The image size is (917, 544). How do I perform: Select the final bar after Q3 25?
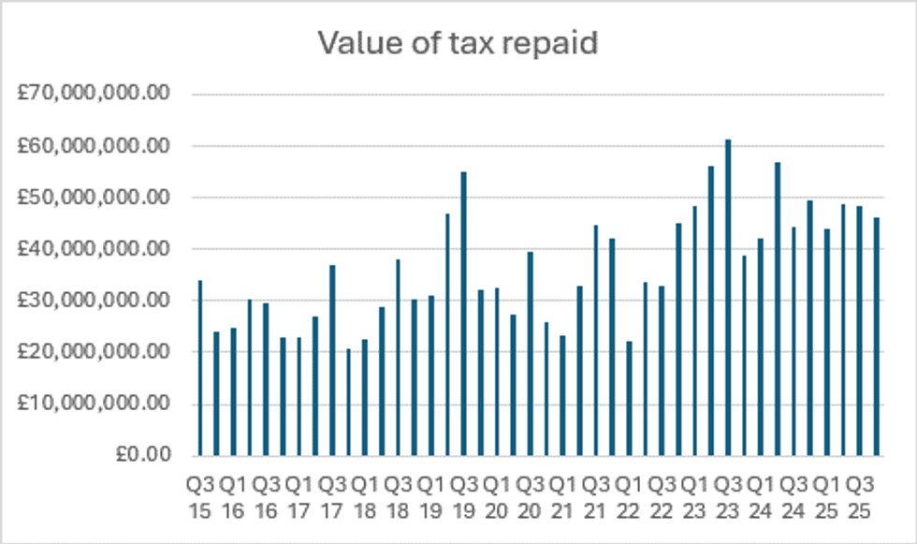(x=876, y=336)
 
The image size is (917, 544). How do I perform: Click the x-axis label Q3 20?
(x=530, y=496)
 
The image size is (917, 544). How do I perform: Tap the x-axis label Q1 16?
(x=232, y=496)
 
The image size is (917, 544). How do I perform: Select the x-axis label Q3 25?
(x=859, y=496)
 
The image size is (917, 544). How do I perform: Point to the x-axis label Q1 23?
(x=694, y=496)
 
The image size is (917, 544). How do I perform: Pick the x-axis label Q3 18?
(x=398, y=496)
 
